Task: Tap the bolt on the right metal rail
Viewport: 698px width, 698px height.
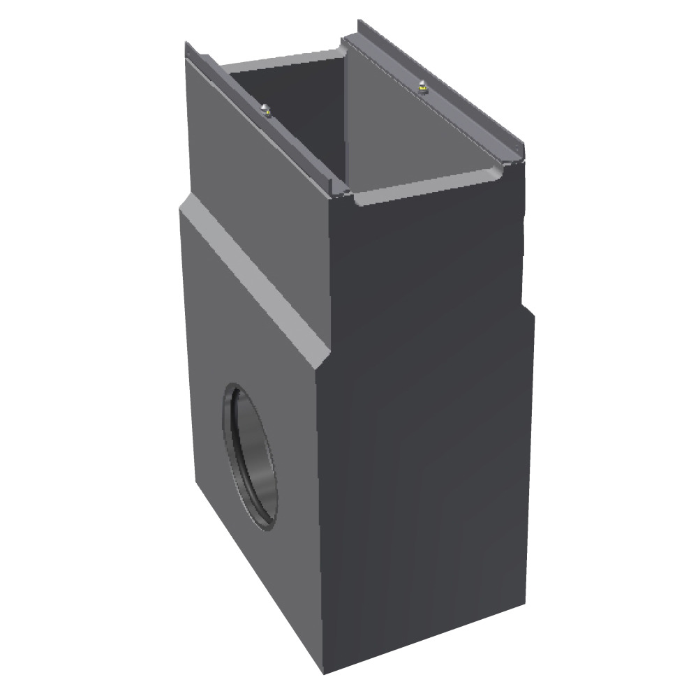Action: tap(421, 87)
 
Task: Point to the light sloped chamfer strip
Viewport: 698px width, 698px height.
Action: tap(251, 279)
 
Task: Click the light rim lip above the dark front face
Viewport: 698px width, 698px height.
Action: tap(426, 188)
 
